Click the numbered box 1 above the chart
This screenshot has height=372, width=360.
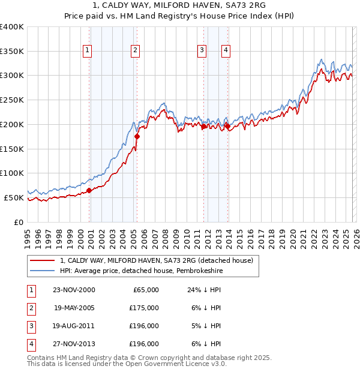[x=88, y=50]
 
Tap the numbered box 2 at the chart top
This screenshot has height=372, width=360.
[x=136, y=50]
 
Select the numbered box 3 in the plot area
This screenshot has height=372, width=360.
[x=202, y=50]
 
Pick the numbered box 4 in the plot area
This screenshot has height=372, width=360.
[x=226, y=50]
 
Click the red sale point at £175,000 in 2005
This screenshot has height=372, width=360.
[x=137, y=136]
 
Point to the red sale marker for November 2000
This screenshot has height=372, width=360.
[x=89, y=190]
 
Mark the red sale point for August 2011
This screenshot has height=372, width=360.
[x=203, y=127]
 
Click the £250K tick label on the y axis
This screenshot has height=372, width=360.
[x=11, y=100]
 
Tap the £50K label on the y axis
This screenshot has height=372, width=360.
[x=14, y=197]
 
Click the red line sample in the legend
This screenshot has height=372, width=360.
[x=43, y=260]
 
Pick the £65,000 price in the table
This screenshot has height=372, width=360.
[x=144, y=290]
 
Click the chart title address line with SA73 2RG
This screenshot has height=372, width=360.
[x=179, y=7]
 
